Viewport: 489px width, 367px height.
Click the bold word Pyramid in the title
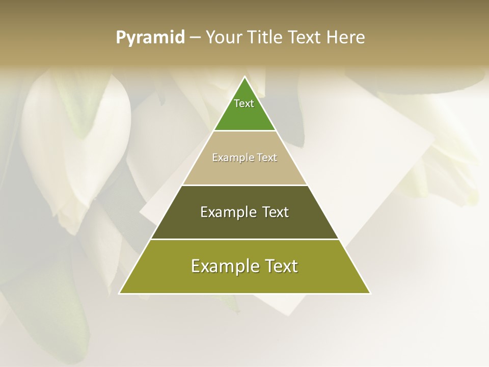[x=150, y=38]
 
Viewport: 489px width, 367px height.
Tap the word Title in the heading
[x=265, y=38]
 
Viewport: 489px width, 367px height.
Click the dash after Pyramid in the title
[x=195, y=38]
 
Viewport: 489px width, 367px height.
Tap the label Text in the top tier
[x=244, y=103]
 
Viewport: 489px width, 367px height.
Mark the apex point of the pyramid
[x=244, y=77]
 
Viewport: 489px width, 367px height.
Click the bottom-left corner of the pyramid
[x=119, y=294]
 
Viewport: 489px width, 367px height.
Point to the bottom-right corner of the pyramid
[x=370, y=294]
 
